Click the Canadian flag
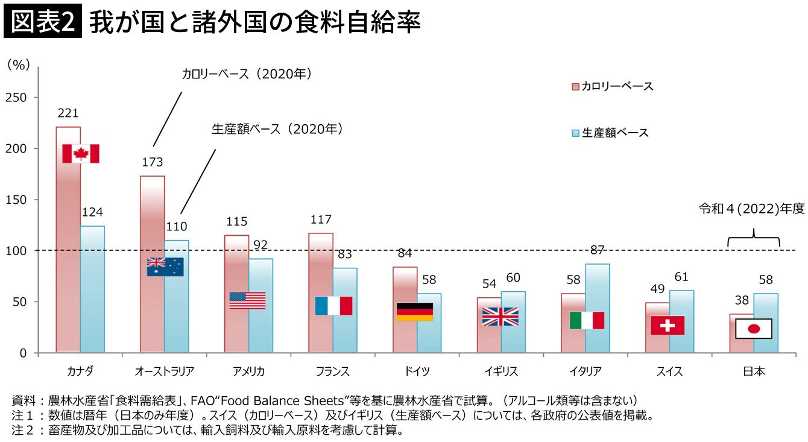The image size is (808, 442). point(81,154)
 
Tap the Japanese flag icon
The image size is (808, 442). point(754,329)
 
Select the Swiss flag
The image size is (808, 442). point(668,326)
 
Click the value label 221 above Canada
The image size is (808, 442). point(68,113)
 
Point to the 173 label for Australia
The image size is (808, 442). point(153,162)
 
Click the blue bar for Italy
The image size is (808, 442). point(597,308)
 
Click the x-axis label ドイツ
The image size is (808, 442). point(417,371)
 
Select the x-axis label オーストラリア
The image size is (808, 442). point(165,371)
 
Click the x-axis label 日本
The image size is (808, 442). point(754,371)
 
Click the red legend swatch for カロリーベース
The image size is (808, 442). point(575,87)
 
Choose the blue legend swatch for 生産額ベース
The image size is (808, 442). point(575,133)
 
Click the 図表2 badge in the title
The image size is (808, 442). point(42,23)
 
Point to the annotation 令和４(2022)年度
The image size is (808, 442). point(751,209)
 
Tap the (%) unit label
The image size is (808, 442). point(19,66)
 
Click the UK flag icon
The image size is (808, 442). point(500,317)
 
